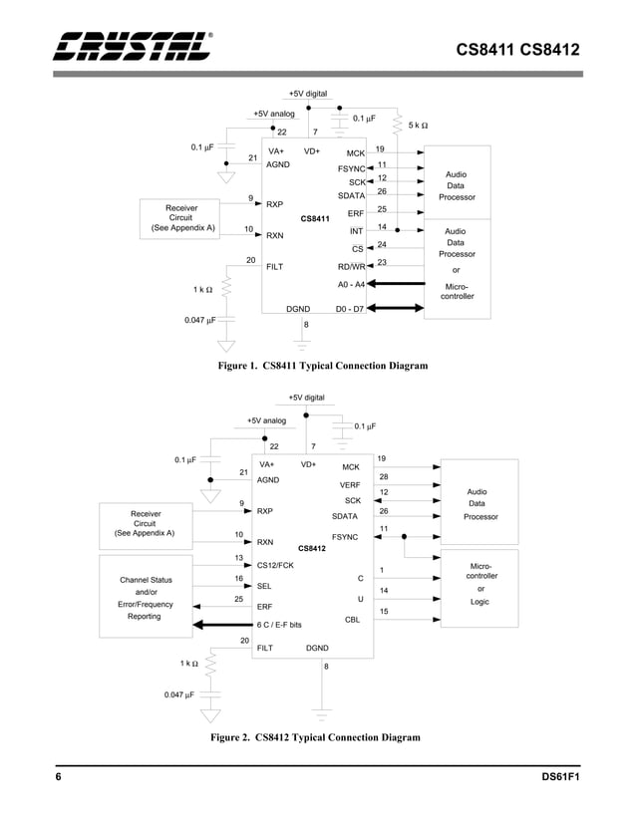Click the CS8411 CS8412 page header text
[518, 49]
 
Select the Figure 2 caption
[314, 737]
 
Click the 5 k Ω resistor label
[418, 126]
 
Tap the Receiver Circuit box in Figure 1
[180, 216]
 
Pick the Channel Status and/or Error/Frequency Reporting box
[145, 598]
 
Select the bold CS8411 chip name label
[314, 218]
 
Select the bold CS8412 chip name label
[311, 548]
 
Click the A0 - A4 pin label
[351, 284]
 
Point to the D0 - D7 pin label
[351, 309]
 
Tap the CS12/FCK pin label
[275, 566]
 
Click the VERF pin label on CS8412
[350, 485]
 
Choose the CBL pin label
[352, 619]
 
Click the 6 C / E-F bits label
[279, 625]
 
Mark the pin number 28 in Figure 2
[383, 476]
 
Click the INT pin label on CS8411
[356, 231]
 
